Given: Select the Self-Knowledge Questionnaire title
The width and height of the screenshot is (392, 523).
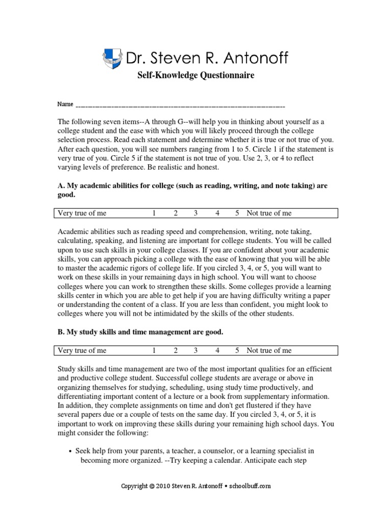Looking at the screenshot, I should point(195,76).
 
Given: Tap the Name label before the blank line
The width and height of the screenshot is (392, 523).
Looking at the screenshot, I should point(65,104).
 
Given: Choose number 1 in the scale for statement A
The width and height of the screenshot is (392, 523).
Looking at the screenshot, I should point(154,213).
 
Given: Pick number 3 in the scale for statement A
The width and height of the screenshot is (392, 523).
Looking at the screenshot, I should point(195,213).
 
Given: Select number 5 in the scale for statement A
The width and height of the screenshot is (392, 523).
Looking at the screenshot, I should point(237,213).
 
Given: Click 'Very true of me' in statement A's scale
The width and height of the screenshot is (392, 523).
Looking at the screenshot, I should point(82,213).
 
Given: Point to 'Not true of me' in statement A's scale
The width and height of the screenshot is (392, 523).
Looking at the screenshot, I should point(269,213).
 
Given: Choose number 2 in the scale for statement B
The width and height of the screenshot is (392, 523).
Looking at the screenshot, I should point(175,350).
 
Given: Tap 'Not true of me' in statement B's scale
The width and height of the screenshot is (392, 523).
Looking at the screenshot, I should point(269,350).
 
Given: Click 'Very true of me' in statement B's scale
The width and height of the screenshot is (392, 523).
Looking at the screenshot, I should point(82,350).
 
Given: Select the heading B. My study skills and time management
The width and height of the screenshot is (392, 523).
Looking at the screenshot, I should point(140,332).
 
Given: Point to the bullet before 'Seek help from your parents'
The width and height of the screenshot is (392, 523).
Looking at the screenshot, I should point(69,451).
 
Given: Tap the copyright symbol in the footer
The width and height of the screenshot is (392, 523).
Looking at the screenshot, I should point(152,486).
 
